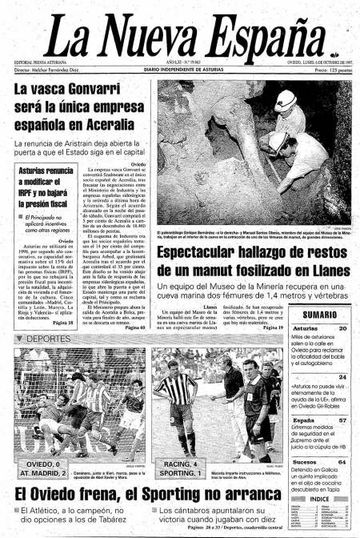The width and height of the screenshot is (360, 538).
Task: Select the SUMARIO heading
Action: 318,315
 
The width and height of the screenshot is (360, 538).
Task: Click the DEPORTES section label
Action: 41,339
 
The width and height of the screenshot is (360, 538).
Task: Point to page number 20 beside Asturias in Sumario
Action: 342,328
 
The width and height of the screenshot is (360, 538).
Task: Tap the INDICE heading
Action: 320,498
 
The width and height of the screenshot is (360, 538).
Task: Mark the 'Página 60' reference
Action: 133,328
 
